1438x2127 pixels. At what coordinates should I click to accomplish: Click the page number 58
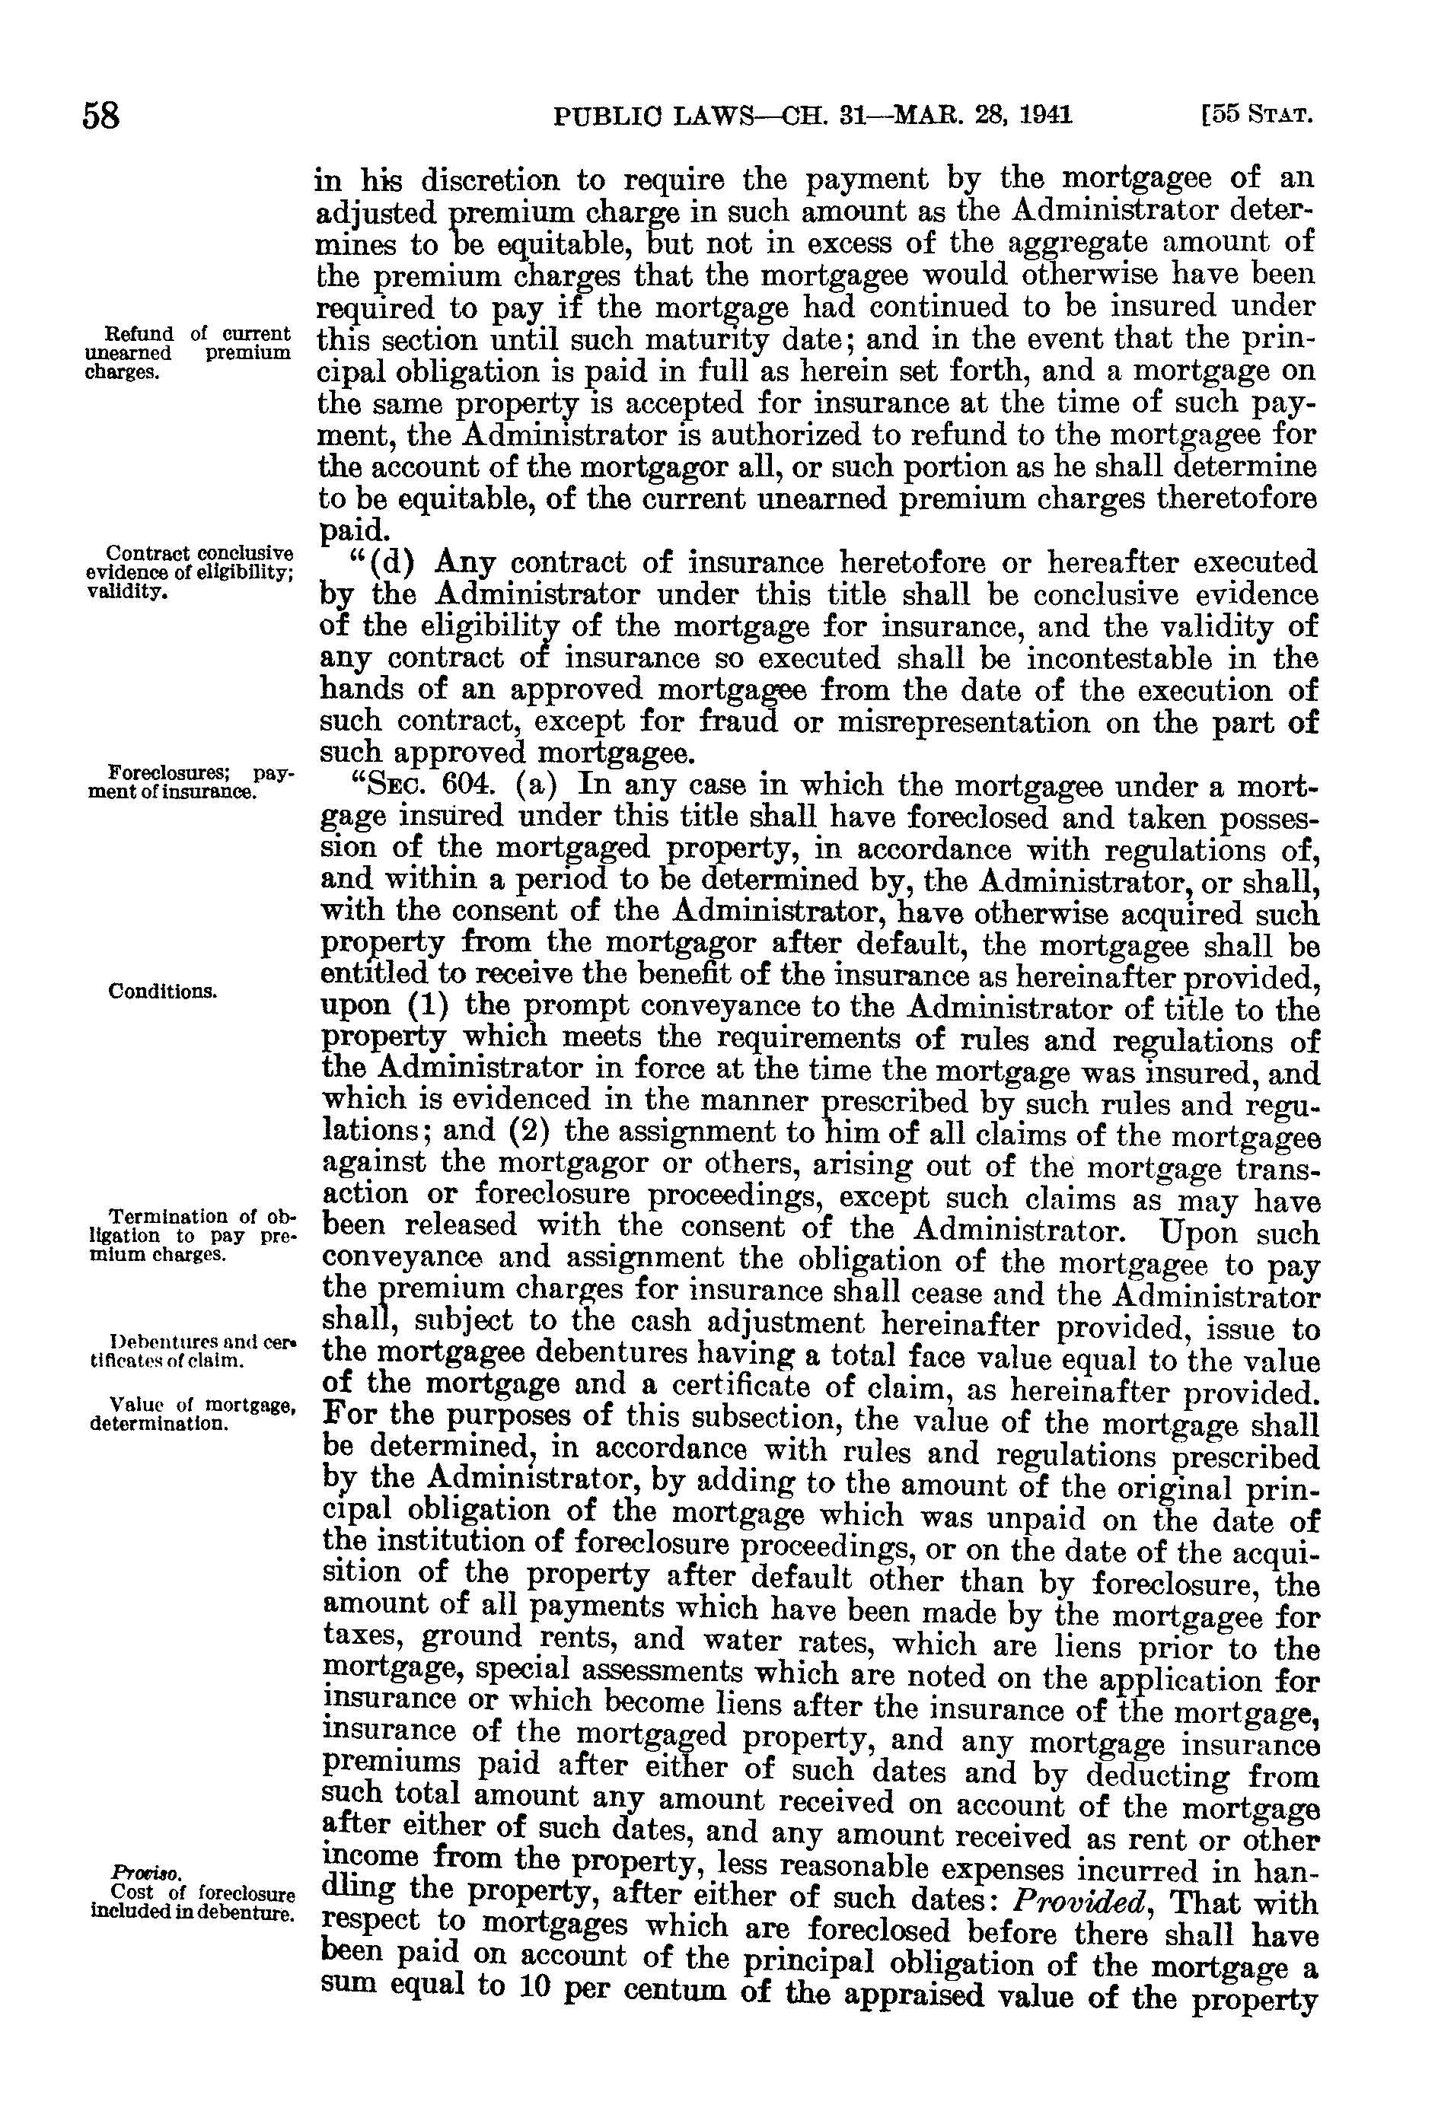tap(101, 117)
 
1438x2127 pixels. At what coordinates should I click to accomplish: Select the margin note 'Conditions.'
tap(162, 991)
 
